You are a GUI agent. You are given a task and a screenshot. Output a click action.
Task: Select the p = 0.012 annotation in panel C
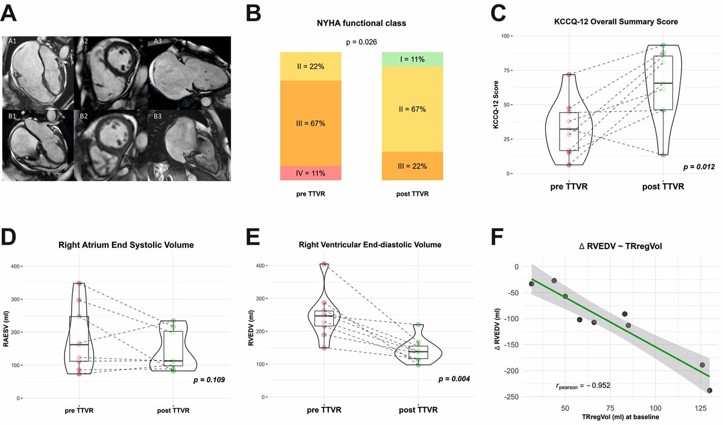click(x=698, y=166)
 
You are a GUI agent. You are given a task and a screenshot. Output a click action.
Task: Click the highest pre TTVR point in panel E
click(x=324, y=264)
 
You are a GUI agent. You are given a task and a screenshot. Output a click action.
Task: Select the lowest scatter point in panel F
click(x=709, y=391)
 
